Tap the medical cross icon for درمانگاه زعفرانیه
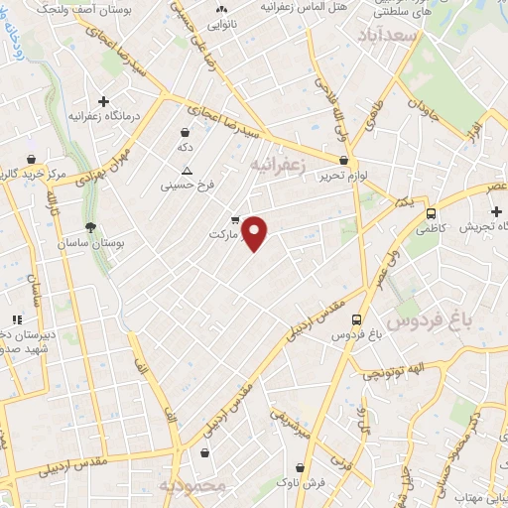point(103,101)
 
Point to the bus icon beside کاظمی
point(431,213)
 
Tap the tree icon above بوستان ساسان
point(90,228)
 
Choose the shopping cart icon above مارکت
point(235,220)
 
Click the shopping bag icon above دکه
point(185,132)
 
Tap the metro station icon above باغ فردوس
point(357,320)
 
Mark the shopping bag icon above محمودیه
point(204,453)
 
